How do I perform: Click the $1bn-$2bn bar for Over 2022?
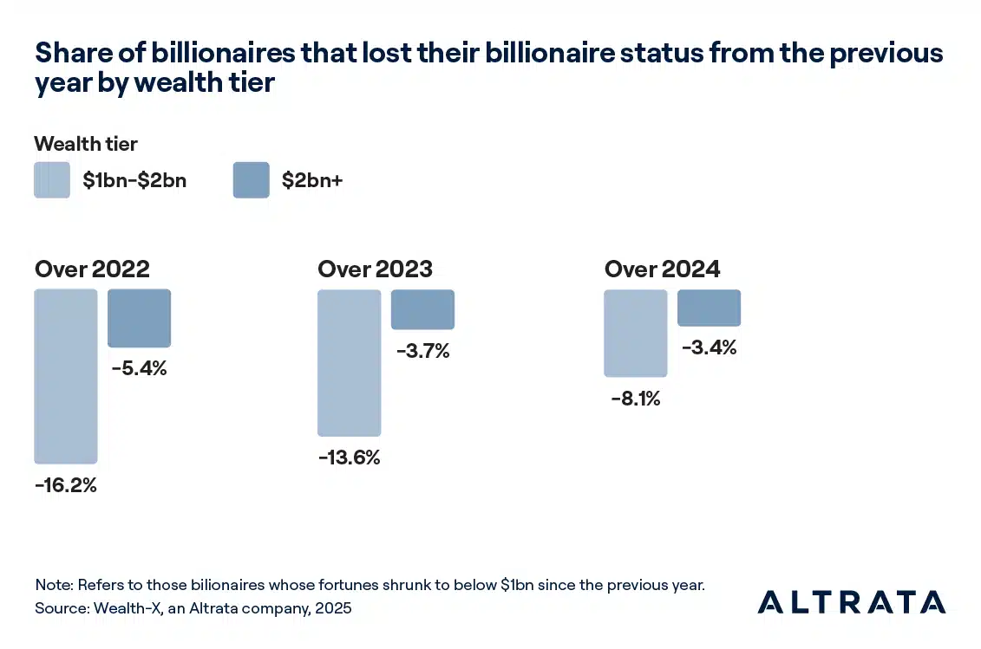point(66,376)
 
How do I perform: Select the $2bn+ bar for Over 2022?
point(139,318)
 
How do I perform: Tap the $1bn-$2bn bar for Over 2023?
point(349,362)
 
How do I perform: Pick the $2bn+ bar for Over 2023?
point(422,309)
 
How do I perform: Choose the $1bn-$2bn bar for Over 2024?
point(635,334)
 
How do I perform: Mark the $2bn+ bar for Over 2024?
point(709,308)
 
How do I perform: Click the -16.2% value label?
point(66,485)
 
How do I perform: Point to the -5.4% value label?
point(139,368)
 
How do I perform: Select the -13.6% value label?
point(349,458)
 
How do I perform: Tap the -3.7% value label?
point(422,352)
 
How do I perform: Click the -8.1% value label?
point(635,399)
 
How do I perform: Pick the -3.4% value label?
point(709,348)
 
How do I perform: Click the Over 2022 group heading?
point(92,269)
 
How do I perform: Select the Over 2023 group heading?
point(375,269)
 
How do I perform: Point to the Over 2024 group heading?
point(662,269)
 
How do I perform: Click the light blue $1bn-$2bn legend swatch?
point(52,180)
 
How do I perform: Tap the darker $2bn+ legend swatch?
point(251,180)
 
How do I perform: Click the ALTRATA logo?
point(851,601)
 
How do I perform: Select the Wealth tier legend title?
point(86,144)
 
